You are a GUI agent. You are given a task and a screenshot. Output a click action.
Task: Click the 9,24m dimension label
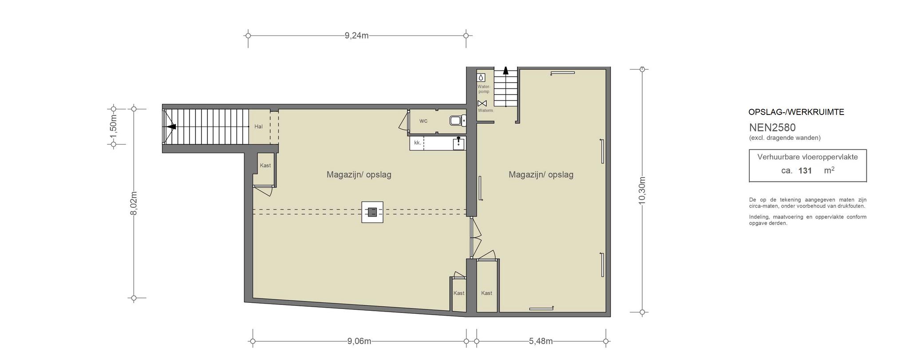point(356,36)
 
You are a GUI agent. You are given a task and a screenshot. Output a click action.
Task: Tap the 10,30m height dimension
point(642,190)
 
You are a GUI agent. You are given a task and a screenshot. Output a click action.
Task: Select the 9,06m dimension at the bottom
point(359,341)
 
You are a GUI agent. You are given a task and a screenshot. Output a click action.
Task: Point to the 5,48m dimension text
point(541,341)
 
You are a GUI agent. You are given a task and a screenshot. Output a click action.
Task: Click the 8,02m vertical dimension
point(134,203)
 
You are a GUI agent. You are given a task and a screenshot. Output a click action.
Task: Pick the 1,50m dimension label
point(113,126)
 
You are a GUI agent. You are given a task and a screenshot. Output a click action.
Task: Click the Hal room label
point(258,127)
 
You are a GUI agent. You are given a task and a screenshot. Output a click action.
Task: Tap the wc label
point(423,121)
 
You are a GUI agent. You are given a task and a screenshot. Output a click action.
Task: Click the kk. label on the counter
point(417,142)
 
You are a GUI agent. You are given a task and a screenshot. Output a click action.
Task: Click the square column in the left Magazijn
point(372,212)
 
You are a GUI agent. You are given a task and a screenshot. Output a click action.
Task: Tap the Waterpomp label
point(483,89)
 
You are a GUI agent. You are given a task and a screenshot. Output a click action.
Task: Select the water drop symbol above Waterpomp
point(481,77)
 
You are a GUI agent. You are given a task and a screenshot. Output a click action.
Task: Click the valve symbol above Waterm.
point(482,103)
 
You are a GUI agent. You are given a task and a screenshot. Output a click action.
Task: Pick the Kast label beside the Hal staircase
point(265,166)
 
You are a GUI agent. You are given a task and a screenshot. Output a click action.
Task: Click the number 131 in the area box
point(805,170)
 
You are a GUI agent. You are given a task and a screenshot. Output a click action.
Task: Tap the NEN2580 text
point(772,127)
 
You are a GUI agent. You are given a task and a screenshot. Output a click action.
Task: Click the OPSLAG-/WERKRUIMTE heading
point(796,112)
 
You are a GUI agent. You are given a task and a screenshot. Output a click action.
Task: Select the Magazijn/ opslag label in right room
point(541,174)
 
